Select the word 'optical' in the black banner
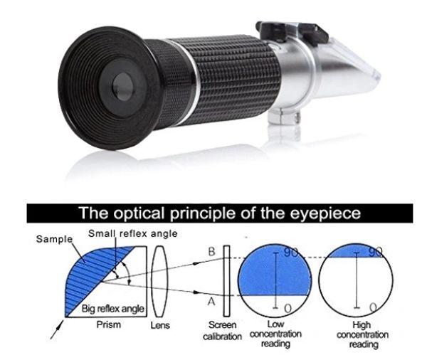tap(139, 213)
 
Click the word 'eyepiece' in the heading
tap(325, 213)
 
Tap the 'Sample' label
tap(55, 239)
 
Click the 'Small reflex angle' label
tap(132, 233)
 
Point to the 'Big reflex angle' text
tap(112, 309)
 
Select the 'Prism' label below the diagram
tap(108, 324)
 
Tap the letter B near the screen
tap(211, 252)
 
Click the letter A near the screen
tap(211, 302)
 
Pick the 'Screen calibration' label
tap(222, 331)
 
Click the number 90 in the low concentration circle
tap(291, 253)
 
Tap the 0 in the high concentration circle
tap(374, 307)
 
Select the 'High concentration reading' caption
tap(362, 334)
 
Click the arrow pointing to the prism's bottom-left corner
tap(57, 329)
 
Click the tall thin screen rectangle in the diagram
tap(226, 281)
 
